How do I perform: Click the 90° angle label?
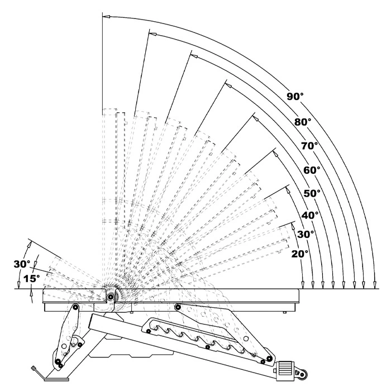click(295, 97)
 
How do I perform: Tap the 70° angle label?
click(309, 145)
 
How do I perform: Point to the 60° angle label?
click(312, 169)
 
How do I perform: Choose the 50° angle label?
click(312, 193)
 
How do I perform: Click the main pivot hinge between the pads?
click(110, 297)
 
